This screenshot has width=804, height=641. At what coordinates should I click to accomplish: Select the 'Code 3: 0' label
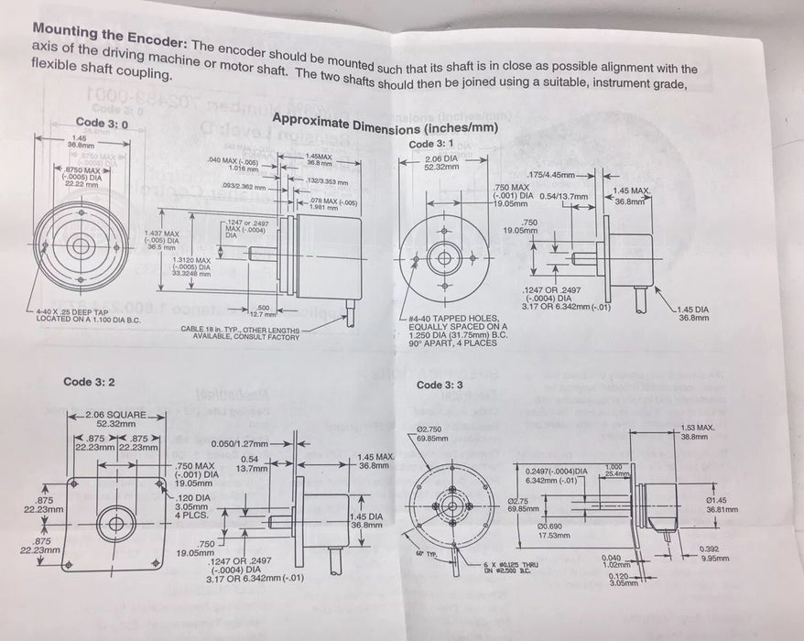[x=95, y=122]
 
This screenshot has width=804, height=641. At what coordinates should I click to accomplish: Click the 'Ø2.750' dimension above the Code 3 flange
[x=433, y=429]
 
